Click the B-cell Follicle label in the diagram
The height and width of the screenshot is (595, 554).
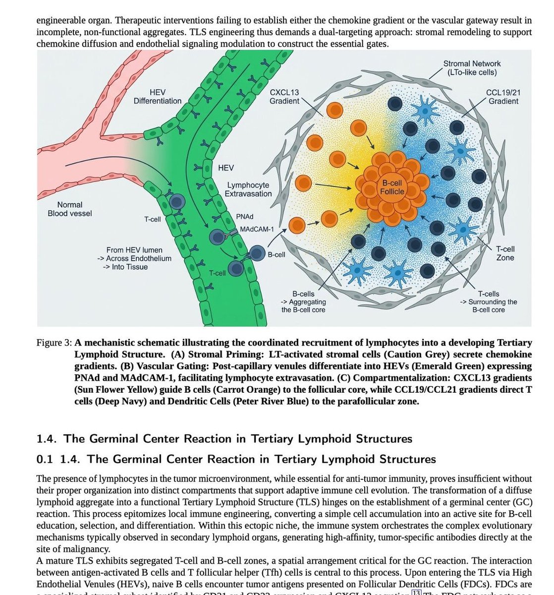point(392,187)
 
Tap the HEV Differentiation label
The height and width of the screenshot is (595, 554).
point(158,97)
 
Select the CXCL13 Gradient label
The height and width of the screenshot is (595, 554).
point(284,97)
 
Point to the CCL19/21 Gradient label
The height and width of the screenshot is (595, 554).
point(503,97)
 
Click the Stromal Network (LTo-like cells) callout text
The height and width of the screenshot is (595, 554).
point(472,68)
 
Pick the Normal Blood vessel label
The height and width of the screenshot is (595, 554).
point(70,209)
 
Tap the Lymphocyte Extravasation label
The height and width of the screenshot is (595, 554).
point(248,189)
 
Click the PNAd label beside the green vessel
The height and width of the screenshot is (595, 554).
point(245,217)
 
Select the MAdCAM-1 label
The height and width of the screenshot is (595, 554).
point(257,230)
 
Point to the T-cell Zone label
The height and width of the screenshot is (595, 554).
point(505,253)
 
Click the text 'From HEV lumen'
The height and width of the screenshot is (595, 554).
point(134,250)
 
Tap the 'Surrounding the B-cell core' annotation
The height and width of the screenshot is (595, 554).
point(489,306)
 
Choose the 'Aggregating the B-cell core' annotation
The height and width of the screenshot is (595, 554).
point(304,306)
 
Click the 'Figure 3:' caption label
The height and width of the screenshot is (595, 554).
point(55,343)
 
